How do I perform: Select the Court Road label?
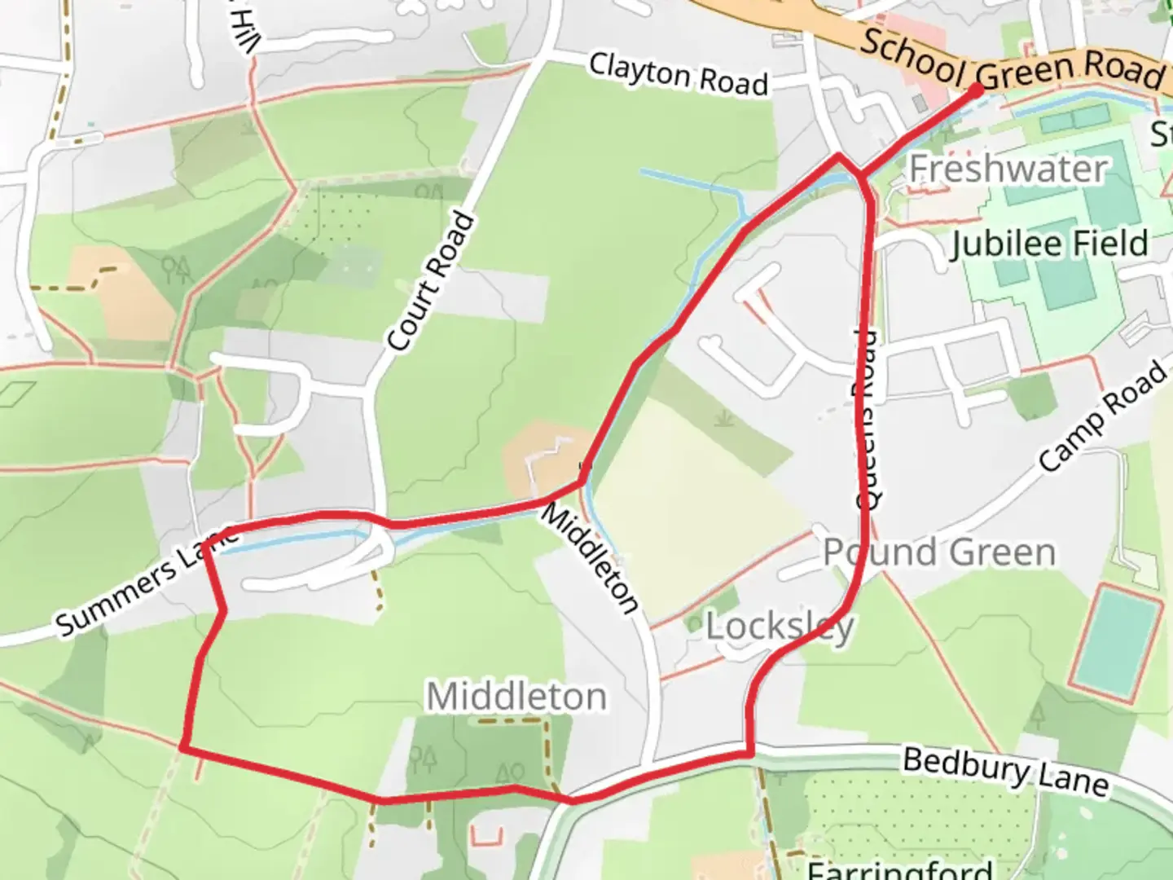[431, 282]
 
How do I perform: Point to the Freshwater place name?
[1008, 169]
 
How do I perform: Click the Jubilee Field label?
[1049, 244]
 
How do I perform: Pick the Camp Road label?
[1104, 416]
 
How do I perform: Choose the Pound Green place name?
[939, 552]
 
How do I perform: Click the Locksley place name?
[780, 627]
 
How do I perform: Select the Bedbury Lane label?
[1006, 771]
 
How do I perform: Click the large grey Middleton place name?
[516, 697]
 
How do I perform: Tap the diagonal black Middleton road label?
[591, 558]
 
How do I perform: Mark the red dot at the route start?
[976, 90]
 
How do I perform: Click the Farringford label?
[899, 869]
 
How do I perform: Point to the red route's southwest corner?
[184, 746]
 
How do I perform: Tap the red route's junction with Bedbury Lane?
[749, 754]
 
